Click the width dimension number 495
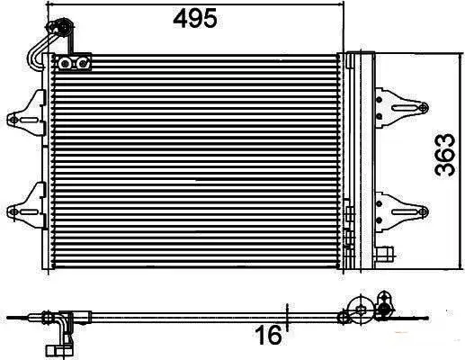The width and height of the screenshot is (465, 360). click(195, 19)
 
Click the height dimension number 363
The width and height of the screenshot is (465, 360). click(445, 155)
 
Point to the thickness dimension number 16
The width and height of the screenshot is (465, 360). click(268, 335)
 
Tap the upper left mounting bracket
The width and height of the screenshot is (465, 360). click(27, 113)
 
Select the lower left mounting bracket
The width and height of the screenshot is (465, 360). click(27, 206)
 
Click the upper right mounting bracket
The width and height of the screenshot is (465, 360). click(401, 108)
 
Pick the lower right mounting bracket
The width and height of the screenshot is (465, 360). click(401, 211)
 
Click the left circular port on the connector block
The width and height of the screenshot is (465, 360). click(65, 64)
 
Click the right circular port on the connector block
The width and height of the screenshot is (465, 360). click(82, 64)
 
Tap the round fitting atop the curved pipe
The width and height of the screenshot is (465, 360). click(62, 27)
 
